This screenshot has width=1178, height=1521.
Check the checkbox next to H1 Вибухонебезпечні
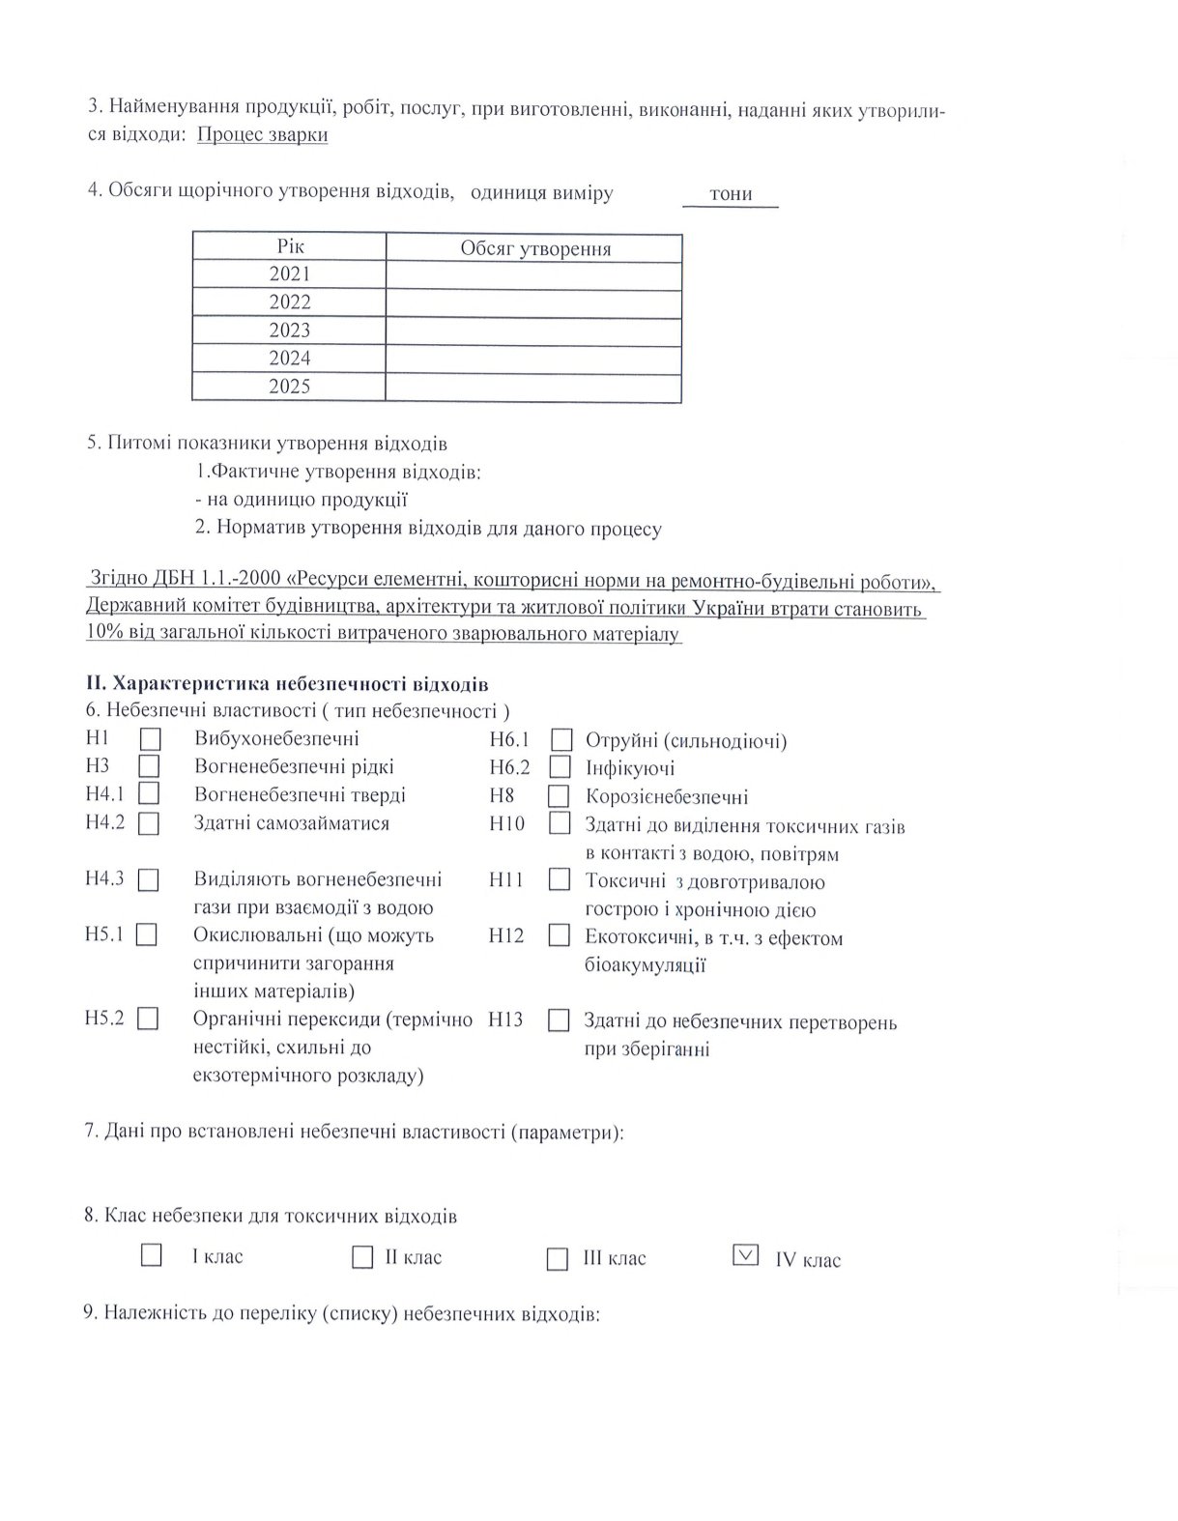coord(150,739)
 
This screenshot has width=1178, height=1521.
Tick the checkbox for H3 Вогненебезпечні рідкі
coord(149,766)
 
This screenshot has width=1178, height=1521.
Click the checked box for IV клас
coord(746,1255)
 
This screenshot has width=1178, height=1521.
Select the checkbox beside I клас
coord(152,1255)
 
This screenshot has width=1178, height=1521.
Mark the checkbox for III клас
coord(558,1259)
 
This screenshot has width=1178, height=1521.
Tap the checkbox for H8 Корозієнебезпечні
coord(559,797)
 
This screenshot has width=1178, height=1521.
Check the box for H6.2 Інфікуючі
coord(560,768)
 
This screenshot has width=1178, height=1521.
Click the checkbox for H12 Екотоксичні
coord(559,935)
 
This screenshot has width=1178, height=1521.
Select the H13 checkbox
coord(559,1020)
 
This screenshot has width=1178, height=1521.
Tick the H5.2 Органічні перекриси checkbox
coord(148,1019)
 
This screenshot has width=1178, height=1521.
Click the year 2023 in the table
coord(290,330)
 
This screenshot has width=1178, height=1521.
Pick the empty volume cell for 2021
coord(533,275)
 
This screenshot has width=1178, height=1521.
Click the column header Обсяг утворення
coord(535,248)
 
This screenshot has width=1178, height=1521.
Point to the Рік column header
coord(290,247)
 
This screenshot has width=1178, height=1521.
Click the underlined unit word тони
coord(731,194)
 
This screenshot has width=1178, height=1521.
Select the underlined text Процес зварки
coord(262,135)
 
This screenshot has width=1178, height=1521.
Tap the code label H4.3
coord(104,879)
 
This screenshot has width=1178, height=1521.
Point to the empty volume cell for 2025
coord(533,387)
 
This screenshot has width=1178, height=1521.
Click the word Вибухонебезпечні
coord(276,739)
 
